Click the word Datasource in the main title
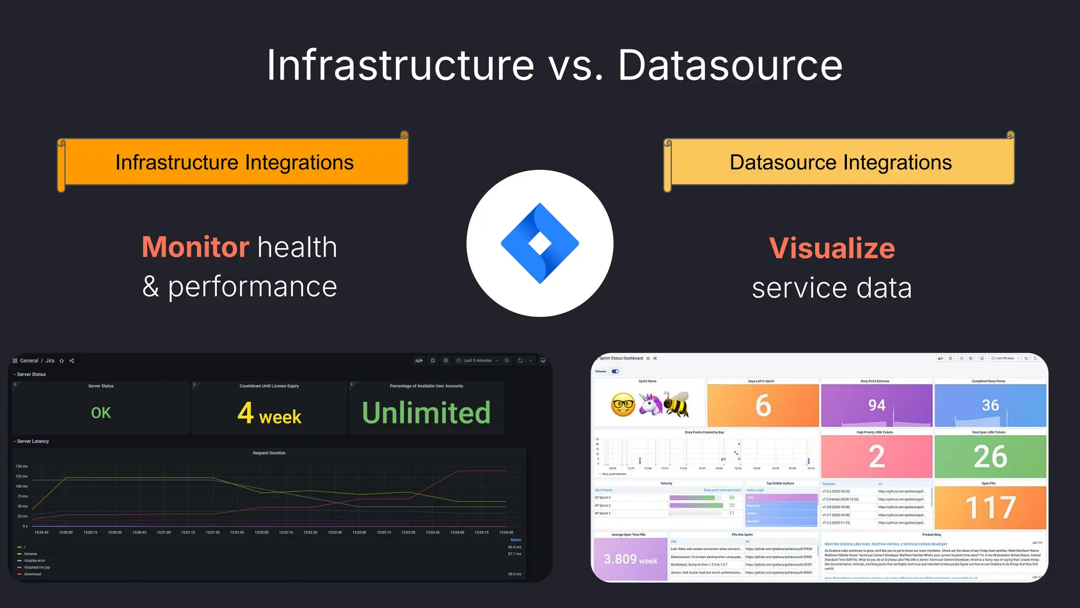click(730, 65)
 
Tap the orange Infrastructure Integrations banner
click(234, 162)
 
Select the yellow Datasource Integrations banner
click(841, 162)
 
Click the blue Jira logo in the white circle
click(539, 243)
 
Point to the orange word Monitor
click(195, 247)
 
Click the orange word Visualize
click(832, 248)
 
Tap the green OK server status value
click(101, 413)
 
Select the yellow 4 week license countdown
click(269, 413)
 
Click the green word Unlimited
click(426, 413)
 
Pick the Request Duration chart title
click(269, 453)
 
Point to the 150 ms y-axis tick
click(22, 467)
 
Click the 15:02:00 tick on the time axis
click(262, 533)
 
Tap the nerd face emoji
click(623, 405)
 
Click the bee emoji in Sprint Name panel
click(677, 404)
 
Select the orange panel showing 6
click(763, 405)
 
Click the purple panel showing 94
click(876, 405)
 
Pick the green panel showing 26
click(990, 457)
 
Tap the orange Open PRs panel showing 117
click(990, 507)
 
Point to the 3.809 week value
click(630, 559)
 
